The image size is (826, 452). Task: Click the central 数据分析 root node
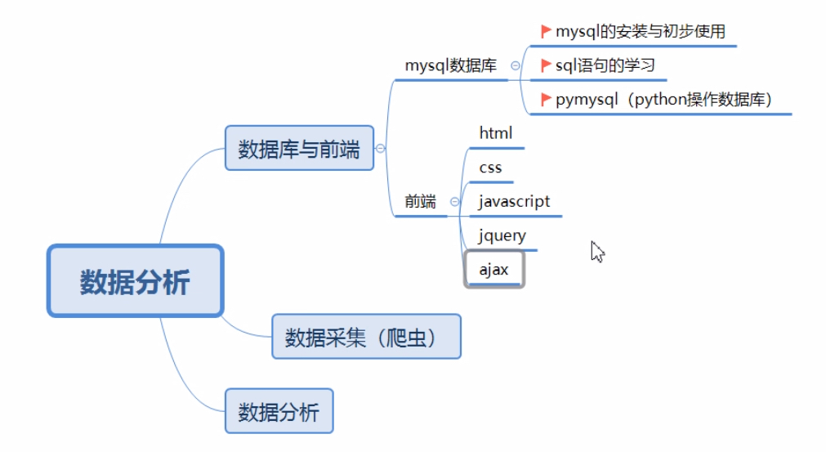coord(135,281)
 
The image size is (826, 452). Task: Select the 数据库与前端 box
coord(299,148)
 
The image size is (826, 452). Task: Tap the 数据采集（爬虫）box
coord(366,336)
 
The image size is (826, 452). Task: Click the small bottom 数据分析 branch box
coord(279,411)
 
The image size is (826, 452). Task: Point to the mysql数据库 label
coord(451,66)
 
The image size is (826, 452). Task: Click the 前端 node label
coord(421,201)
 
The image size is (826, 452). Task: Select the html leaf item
coord(496,132)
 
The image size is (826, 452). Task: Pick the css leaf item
coord(491,168)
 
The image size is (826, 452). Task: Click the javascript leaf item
coord(514,201)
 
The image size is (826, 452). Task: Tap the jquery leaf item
coord(502,236)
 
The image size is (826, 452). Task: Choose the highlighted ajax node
coord(493,269)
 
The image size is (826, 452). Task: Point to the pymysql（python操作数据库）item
coord(663,100)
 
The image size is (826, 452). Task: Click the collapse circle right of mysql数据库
coord(515,66)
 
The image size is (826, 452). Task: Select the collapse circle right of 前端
coord(454,202)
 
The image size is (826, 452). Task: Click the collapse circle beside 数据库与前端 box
coord(380,148)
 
